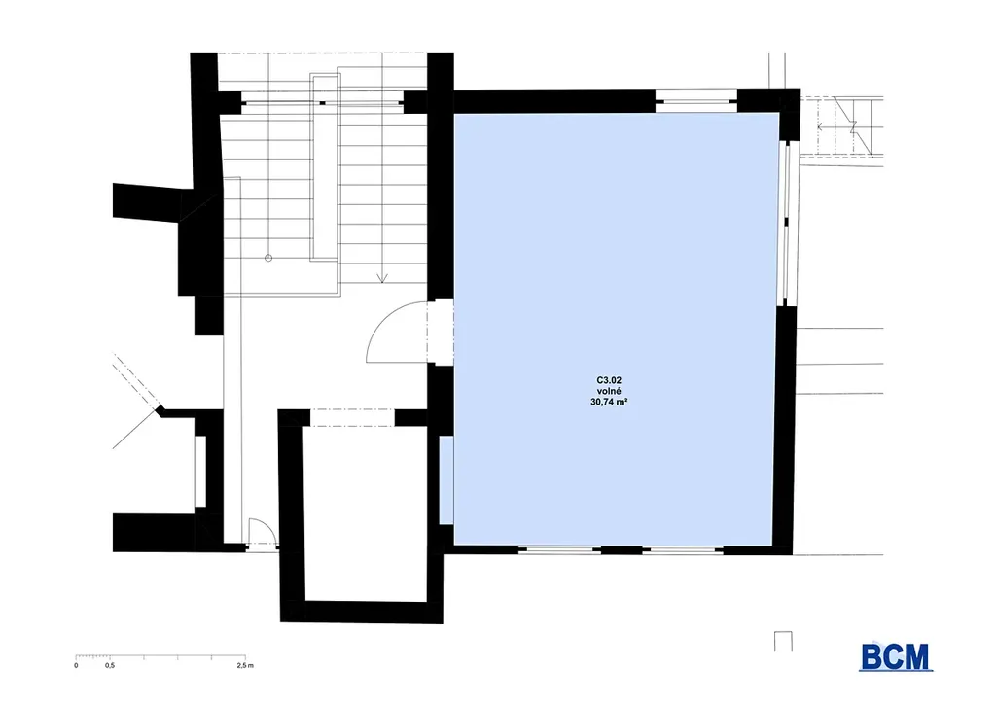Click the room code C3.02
click(x=609, y=381)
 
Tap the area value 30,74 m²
click(x=609, y=402)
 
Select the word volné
click(x=609, y=391)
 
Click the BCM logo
click(x=896, y=657)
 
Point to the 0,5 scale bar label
click(x=110, y=666)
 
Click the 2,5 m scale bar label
click(x=245, y=666)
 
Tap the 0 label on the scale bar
click(x=76, y=666)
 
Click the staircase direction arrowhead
click(x=381, y=277)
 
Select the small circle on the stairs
click(x=268, y=258)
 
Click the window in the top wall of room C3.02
click(x=695, y=101)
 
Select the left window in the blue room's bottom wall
click(x=559, y=549)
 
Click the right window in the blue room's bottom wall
click(x=682, y=549)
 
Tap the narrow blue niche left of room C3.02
click(x=445, y=480)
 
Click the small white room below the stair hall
click(x=366, y=513)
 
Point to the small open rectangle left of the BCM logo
click(x=783, y=641)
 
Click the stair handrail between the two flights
click(x=325, y=167)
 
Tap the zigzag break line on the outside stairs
click(x=852, y=126)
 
